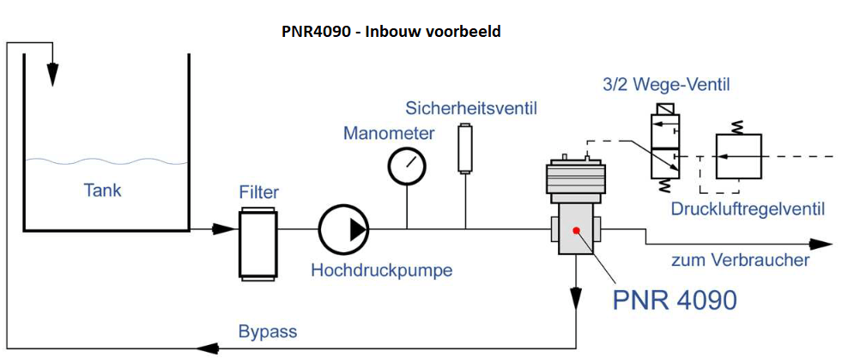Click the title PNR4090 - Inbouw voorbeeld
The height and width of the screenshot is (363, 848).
point(391,32)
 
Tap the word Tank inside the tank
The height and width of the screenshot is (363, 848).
point(102,190)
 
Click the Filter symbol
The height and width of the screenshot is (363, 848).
point(258,243)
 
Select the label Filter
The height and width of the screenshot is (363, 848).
point(258,191)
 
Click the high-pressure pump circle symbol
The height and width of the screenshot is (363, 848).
point(343,229)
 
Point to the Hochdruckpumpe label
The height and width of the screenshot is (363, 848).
point(381,270)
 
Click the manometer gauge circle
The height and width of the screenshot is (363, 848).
point(407,166)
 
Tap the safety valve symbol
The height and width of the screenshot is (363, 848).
point(465,148)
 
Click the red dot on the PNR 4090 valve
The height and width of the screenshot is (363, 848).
point(576,229)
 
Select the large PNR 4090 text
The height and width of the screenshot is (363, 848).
point(674,299)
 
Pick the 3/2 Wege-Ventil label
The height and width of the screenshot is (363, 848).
point(666,84)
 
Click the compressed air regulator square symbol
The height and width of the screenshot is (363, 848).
point(740,156)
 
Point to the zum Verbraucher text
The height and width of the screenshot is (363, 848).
point(740,259)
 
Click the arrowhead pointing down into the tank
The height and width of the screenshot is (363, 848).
point(53,75)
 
